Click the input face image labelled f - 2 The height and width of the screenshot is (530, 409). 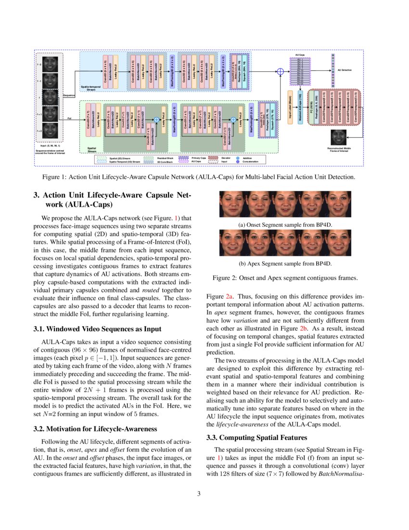click(x=50, y=64)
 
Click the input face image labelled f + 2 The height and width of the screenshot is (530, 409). click(x=50, y=130)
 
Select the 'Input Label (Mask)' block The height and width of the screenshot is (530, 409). click(x=290, y=106)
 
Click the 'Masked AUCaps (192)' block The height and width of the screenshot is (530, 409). click(x=300, y=106)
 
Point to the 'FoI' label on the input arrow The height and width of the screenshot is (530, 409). click(x=70, y=118)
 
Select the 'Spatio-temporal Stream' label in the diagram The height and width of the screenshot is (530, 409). click(x=91, y=88)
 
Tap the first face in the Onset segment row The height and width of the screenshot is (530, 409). click(x=232, y=205)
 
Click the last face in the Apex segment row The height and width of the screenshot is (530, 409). click(x=338, y=243)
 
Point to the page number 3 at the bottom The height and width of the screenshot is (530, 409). click(x=204, y=493)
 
